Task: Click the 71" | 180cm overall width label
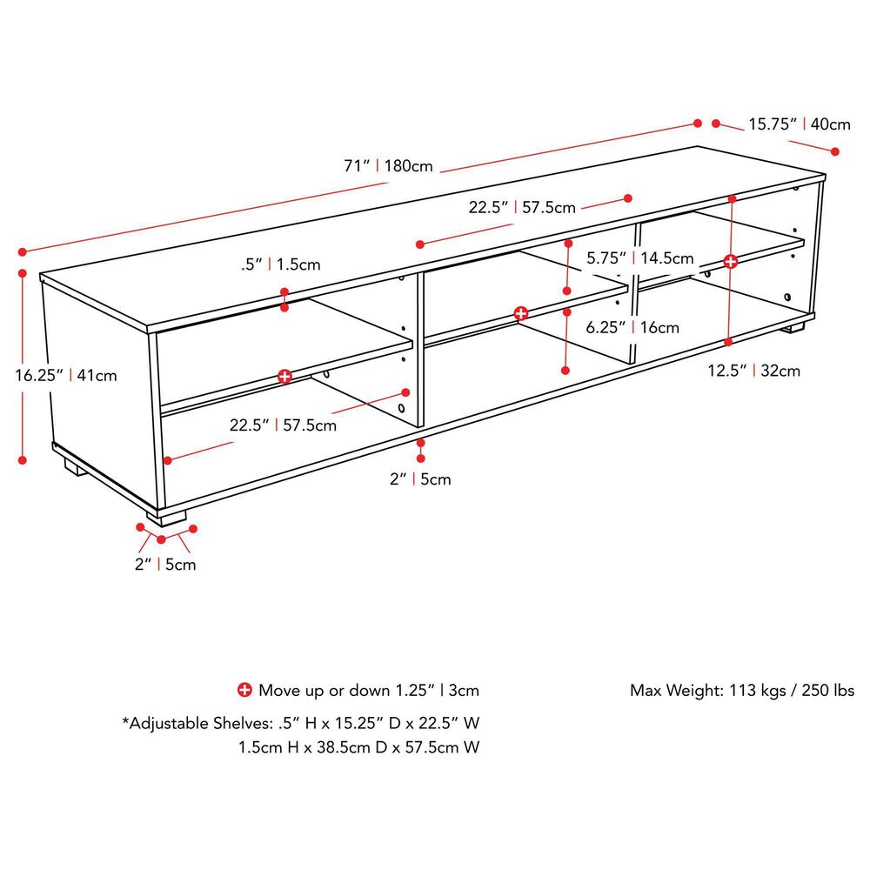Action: [x=388, y=165]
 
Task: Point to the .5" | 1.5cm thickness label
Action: [x=281, y=264]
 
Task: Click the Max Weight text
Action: [x=741, y=691]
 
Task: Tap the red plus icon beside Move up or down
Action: [x=245, y=690]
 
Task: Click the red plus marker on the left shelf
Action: [x=284, y=376]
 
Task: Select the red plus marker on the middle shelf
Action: [x=520, y=313]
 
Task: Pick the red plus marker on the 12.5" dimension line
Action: [x=731, y=260]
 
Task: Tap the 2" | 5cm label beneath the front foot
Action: [x=165, y=565]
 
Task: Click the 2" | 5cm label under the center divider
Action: [x=420, y=478]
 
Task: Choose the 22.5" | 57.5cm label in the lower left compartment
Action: [x=283, y=425]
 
